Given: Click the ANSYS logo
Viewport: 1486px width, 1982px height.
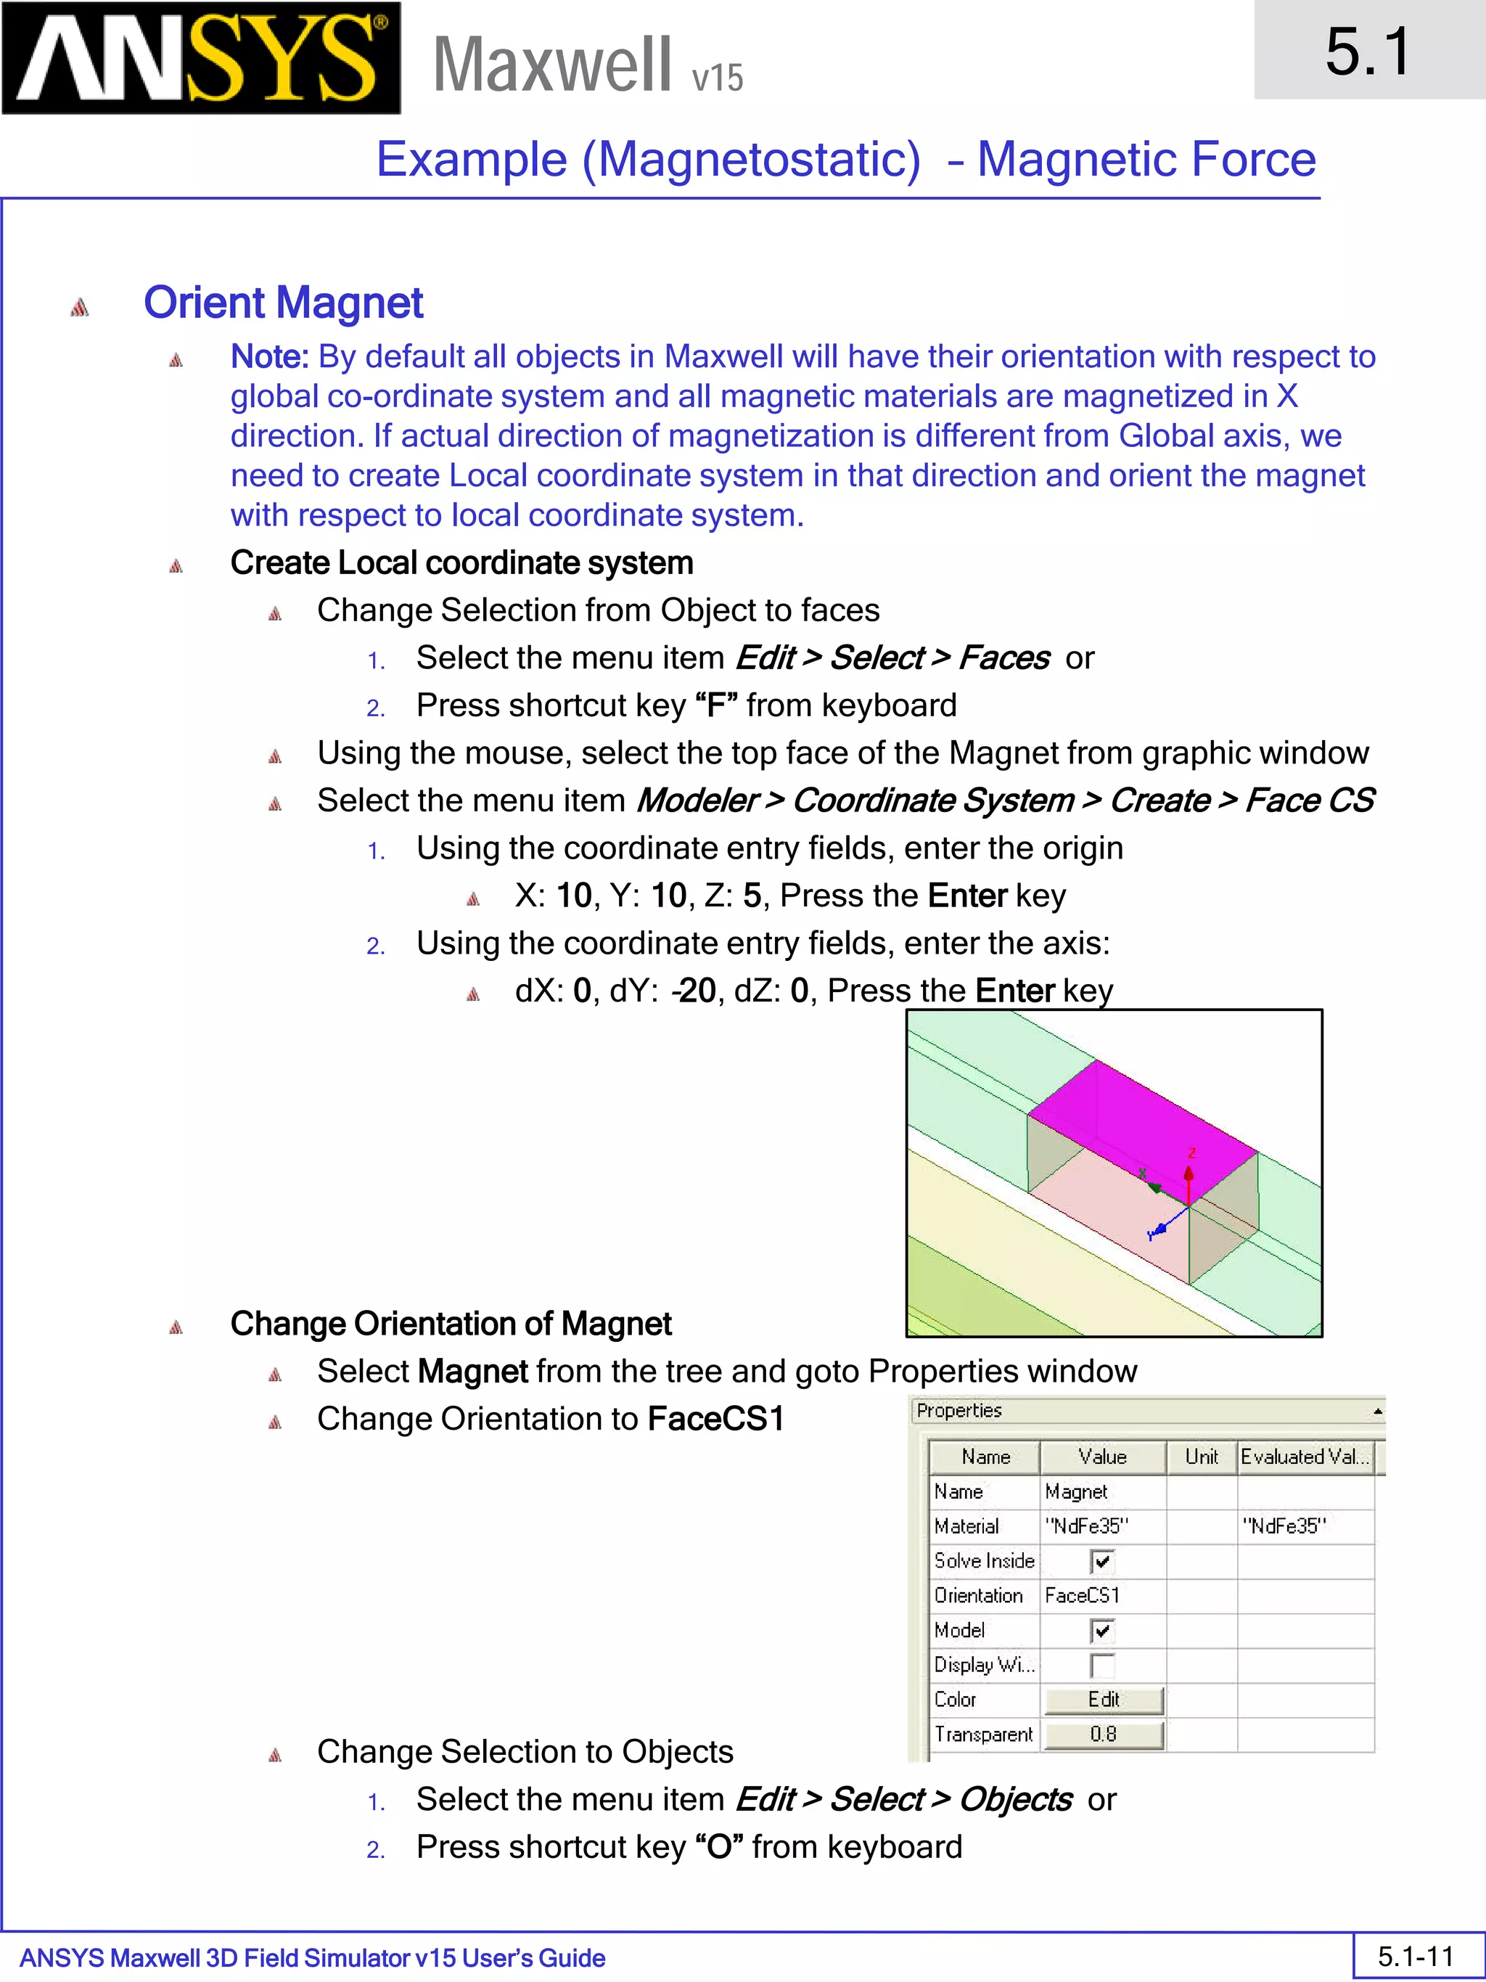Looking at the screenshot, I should click(x=201, y=58).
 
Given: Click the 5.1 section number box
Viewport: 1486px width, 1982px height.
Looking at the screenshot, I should click(x=1368, y=50).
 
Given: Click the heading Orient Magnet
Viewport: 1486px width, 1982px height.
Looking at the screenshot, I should click(x=283, y=302).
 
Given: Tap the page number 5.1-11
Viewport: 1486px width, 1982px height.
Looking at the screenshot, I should click(x=1415, y=1956).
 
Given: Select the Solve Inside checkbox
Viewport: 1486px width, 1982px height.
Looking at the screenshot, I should click(x=1101, y=1562).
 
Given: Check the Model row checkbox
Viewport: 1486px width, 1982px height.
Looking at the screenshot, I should click(x=1101, y=1631).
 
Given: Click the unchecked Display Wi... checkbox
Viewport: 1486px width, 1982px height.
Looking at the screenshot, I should click(x=1101, y=1666).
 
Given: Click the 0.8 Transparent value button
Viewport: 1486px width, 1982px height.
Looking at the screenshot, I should click(x=1104, y=1735).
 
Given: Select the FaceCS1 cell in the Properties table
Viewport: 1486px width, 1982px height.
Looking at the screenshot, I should click(x=1082, y=1596).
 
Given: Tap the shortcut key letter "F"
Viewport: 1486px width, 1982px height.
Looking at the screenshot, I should click(x=715, y=705).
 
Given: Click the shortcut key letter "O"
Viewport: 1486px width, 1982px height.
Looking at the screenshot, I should click(x=718, y=1848).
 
